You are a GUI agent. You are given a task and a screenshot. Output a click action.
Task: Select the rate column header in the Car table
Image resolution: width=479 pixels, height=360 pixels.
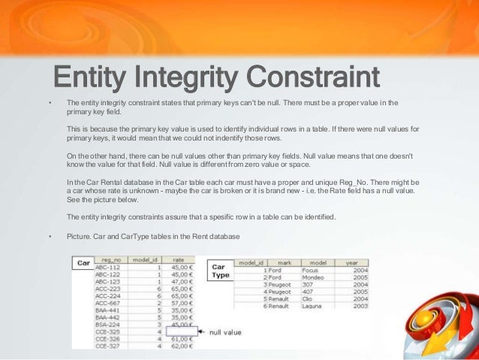click(x=178, y=259)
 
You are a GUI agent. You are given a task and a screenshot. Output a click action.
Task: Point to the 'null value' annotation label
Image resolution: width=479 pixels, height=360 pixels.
click(x=226, y=331)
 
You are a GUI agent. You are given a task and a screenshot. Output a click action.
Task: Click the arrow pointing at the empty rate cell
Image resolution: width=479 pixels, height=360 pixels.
click(x=203, y=331)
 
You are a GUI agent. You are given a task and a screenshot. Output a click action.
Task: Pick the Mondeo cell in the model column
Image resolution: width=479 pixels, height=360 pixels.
click(x=315, y=277)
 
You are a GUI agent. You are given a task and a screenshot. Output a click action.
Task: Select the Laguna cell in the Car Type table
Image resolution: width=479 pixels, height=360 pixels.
click(x=315, y=305)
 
